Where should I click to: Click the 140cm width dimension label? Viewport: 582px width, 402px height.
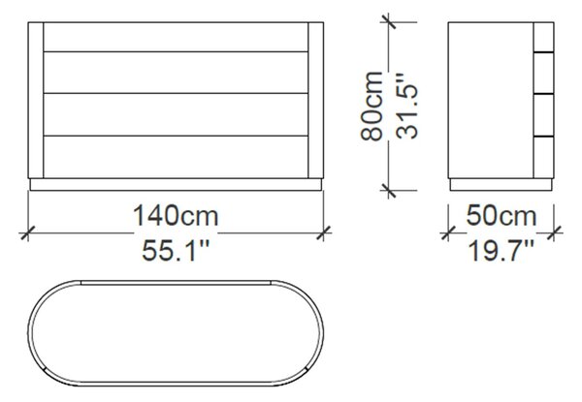point(176,216)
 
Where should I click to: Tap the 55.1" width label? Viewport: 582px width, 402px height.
point(176,251)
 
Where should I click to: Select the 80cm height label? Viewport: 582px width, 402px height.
point(372,107)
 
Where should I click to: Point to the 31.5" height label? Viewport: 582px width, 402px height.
point(406,107)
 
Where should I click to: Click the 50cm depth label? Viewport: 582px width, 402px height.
point(501,216)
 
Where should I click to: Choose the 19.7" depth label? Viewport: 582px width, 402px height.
point(501,251)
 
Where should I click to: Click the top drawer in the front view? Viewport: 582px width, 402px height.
point(176,37)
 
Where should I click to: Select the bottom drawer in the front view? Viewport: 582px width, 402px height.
point(176,157)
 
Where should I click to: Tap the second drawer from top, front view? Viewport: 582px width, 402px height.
point(176,73)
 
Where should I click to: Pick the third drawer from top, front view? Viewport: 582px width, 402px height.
point(176,114)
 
